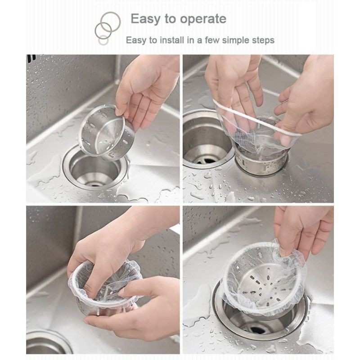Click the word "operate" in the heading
[203, 19]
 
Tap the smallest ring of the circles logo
[103, 40]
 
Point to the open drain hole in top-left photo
[94, 170]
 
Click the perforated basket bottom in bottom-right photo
[264, 285]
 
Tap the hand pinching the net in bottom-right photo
[301, 232]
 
